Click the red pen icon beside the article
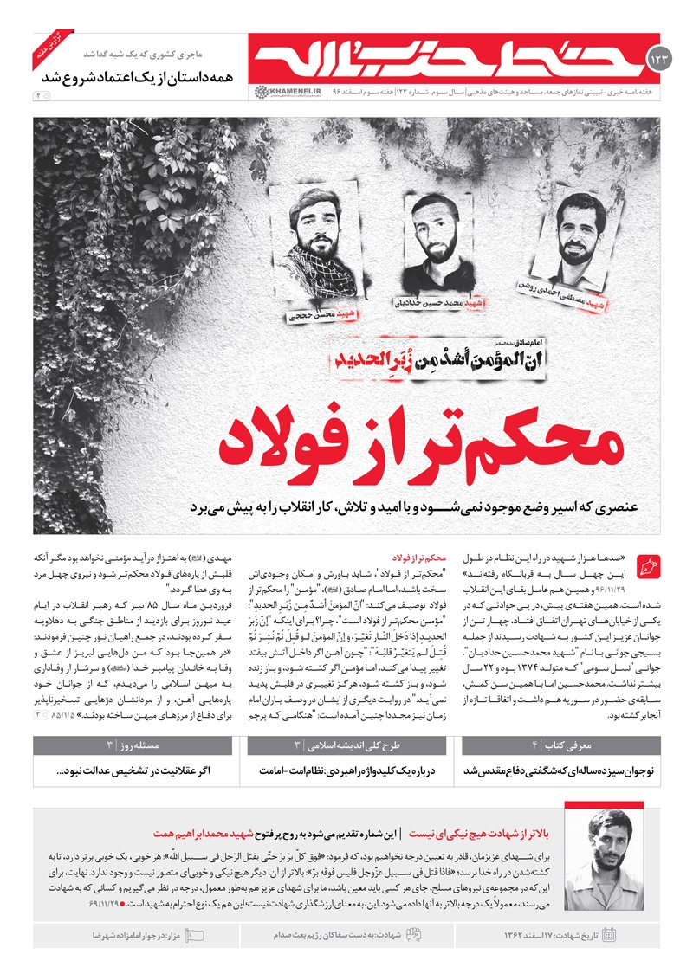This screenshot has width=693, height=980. coord(647,568)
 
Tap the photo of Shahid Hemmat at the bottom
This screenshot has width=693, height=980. coord(604,861)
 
